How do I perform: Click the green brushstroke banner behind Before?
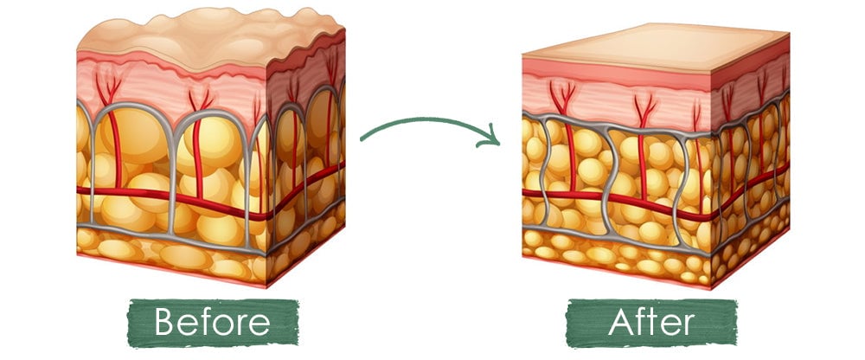tap(213, 323)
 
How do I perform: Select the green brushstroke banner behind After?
tap(651, 323)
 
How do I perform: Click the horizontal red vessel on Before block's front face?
tap(171, 197)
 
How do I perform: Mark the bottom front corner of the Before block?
tap(266, 287)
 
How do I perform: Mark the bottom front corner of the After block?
tap(711, 289)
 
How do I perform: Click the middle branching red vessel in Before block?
tap(198, 145)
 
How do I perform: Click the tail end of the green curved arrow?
tap(362, 139)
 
